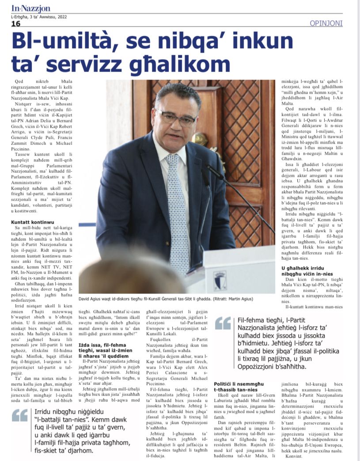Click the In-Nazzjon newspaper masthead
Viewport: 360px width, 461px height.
pos(31,8)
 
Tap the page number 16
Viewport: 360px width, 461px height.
pos(16,24)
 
